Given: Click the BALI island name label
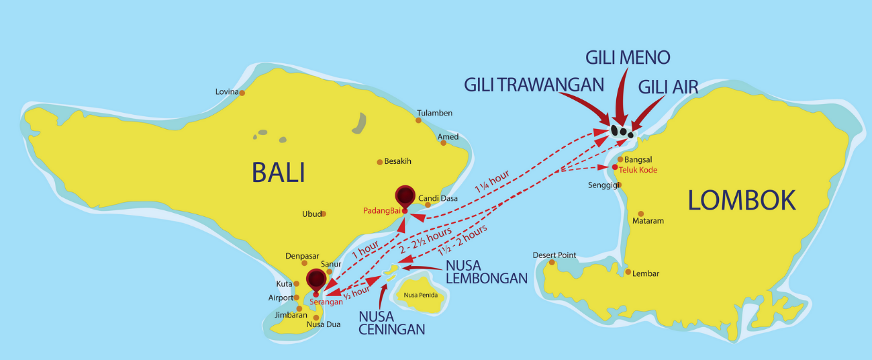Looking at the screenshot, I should [279, 173].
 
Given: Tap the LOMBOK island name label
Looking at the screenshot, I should [742, 200].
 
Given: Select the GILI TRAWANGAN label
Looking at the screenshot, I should [534, 85].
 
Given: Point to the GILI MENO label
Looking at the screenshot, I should [628, 57].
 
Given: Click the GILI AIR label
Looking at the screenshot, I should [668, 87].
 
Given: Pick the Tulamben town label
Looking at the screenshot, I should [434, 113].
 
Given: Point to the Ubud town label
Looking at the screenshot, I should [311, 214].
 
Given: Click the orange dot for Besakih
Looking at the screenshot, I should [379, 162].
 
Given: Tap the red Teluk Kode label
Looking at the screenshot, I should [638, 170].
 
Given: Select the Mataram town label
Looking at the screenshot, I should [648, 221].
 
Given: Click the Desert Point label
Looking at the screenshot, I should [554, 255].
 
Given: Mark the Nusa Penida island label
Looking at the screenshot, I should [420, 294].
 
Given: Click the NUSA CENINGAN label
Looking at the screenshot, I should [392, 322].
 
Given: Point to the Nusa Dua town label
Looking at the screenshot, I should [323, 324].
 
